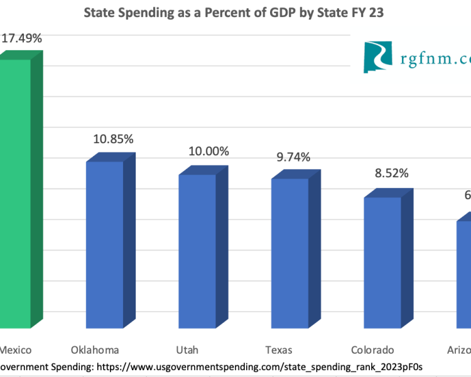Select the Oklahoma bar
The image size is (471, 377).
(104, 245)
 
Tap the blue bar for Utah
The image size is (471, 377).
(197, 251)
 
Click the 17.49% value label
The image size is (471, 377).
(21, 38)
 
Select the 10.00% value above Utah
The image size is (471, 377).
(208, 151)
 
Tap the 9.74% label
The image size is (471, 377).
(293, 157)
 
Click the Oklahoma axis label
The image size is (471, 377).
(95, 350)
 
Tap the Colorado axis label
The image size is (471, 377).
(373, 350)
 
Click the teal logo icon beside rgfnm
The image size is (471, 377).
(378, 57)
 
